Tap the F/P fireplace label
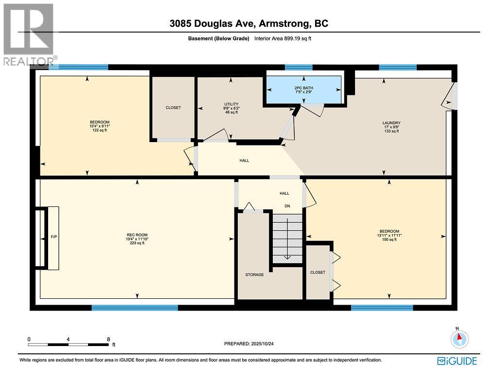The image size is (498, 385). tap(54, 237)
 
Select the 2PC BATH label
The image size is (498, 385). tap(302, 88)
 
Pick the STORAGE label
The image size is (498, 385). tap(254, 275)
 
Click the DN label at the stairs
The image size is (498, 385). tap(287, 206)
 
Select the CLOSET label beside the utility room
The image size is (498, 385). tap(173, 108)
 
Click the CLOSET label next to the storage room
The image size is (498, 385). tap(318, 272)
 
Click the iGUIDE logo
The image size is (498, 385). tap(457, 361)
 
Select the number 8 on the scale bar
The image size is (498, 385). tap(108, 339)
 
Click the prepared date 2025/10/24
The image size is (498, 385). tap(252, 344)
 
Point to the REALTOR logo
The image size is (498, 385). tap(28, 34)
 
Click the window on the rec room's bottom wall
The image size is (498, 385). tap(135, 308)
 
